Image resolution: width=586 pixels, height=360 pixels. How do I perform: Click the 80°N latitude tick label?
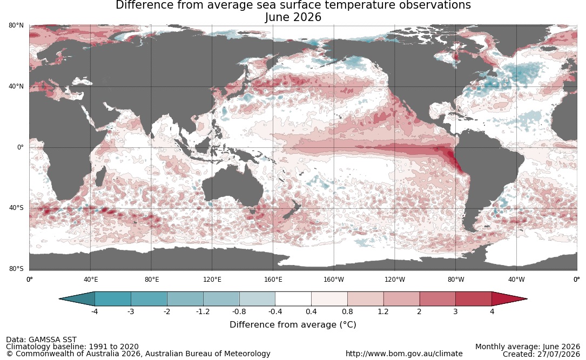[x=16, y=25]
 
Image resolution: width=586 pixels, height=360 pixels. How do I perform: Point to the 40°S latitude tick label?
[x=16, y=208]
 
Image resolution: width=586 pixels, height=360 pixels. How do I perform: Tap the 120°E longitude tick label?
[x=212, y=280]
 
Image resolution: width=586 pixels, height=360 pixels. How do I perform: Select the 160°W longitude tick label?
[x=334, y=280]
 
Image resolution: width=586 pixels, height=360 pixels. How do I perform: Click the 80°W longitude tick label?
[x=456, y=280]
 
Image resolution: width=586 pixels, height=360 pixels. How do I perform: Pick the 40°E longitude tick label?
[x=90, y=280]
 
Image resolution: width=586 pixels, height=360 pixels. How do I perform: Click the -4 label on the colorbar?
[x=95, y=311]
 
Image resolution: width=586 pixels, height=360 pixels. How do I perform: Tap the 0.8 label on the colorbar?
[x=348, y=311]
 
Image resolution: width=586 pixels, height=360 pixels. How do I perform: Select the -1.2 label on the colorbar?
[x=203, y=311]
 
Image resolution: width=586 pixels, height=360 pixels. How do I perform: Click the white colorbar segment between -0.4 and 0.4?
[x=293, y=299]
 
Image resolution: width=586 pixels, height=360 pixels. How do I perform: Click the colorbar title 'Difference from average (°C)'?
[x=293, y=324]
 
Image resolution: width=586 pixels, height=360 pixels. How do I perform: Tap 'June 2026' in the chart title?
[x=293, y=17]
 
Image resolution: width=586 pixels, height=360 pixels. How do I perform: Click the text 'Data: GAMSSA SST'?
[x=41, y=339]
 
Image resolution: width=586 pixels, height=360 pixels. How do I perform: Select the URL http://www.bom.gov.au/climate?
[x=404, y=354]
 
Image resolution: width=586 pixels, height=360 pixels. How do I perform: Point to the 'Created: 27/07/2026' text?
[x=541, y=354]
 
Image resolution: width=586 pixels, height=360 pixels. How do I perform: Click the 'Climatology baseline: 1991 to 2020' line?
[x=72, y=347]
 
